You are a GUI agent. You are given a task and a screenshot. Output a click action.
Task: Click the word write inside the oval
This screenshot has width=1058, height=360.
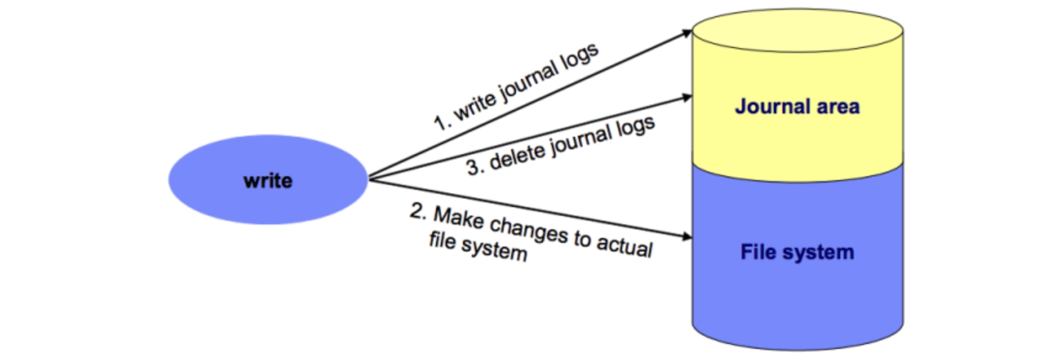point(268,181)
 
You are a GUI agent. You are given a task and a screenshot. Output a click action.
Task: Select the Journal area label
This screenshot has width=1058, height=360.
point(797,107)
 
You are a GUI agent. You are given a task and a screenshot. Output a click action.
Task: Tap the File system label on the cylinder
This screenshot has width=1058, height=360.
point(797,252)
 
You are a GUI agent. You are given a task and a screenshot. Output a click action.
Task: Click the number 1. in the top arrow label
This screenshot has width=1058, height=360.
point(441,122)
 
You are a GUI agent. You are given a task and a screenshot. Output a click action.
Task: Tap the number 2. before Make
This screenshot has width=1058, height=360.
point(419,211)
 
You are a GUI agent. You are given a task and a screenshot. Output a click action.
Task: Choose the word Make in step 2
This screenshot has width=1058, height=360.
point(459,218)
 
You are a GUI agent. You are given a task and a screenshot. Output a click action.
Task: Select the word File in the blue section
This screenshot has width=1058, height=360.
point(758,252)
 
